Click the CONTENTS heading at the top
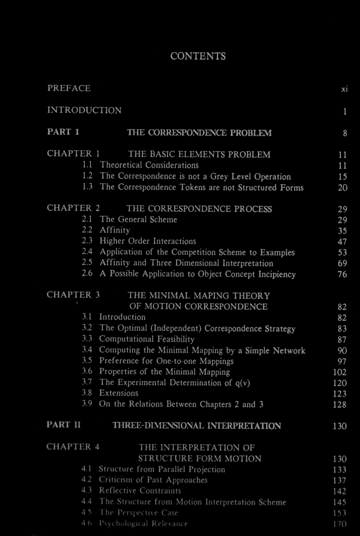coord(198,56)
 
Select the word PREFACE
coord(69,88)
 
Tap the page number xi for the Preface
coord(345,89)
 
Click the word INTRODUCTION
coord(84,110)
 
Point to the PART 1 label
coord(63,132)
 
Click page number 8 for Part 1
coord(345,133)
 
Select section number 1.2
coord(87,176)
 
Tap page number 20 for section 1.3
coord(343,188)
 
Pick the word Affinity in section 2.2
coord(114,230)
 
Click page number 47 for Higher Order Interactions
coord(342,242)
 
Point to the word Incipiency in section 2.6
coord(277,274)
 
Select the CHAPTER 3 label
coord(73,295)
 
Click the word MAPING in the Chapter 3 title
coord(211,296)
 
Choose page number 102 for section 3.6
coord(340,372)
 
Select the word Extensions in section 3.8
coord(118,393)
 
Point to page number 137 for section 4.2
coord(340,481)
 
